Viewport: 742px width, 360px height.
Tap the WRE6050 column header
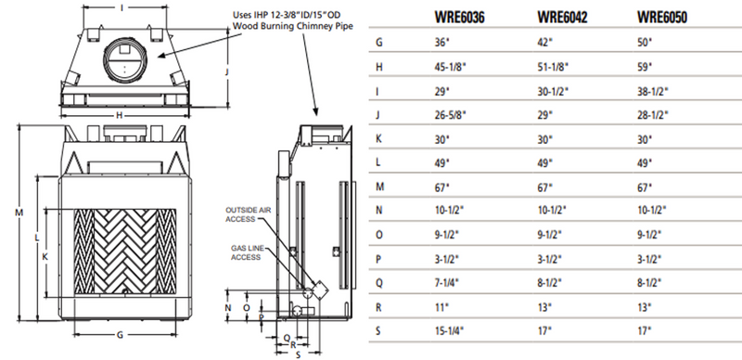point(662,18)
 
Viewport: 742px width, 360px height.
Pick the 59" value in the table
point(646,66)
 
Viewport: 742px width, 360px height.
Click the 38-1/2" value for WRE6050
point(653,90)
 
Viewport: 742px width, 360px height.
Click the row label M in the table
point(379,186)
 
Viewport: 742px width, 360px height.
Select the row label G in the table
point(379,42)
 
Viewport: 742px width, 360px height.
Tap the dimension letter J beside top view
point(227,71)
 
